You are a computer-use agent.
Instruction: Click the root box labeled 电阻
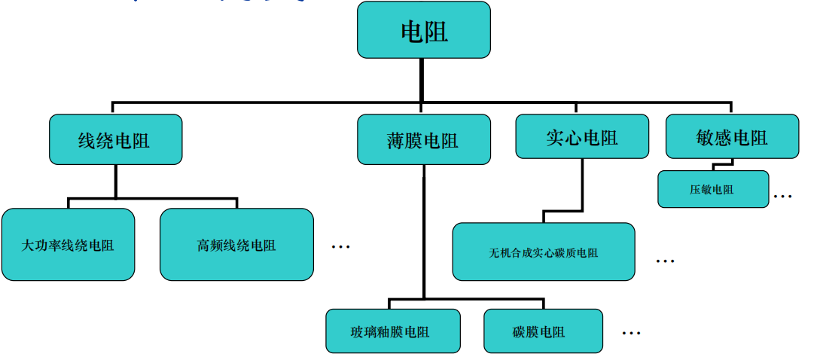coord(424,31)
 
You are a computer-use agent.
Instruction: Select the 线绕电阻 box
coord(115,139)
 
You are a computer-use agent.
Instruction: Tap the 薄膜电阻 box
coord(422,139)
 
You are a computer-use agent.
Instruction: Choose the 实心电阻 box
coord(581,136)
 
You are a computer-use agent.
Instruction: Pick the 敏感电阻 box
coord(732,136)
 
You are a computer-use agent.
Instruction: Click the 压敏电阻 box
coord(712,189)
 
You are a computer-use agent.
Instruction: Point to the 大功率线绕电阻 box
coord(68,245)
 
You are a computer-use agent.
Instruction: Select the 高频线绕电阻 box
coord(236,245)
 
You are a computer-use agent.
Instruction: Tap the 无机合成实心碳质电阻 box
coord(543,252)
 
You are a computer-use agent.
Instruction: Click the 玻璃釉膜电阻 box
coord(392,331)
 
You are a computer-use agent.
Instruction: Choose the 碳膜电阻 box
coord(542,331)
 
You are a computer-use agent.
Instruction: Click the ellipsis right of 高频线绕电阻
coord(341,246)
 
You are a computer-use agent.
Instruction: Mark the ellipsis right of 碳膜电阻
coord(632,332)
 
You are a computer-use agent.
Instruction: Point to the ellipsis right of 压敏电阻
coord(783,196)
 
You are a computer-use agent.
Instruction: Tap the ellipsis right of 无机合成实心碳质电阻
coord(665,261)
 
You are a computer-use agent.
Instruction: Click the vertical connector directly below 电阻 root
coord(422,79)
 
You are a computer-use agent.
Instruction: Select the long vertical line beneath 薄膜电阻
coord(423,226)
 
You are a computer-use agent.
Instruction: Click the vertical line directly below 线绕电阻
coord(115,181)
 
